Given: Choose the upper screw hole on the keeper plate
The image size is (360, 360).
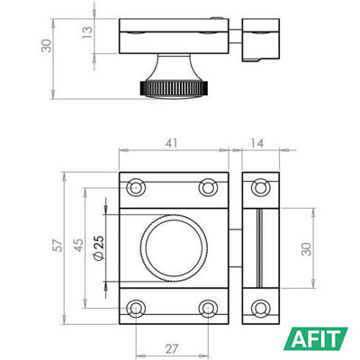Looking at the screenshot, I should click(260, 186).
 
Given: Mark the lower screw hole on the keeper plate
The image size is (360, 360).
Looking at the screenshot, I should click(260, 307).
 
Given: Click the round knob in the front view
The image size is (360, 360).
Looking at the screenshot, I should click(172, 247).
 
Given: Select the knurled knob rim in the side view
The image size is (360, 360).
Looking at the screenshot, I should click(171, 87).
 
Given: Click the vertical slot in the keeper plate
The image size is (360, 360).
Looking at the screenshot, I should click(260, 247).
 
